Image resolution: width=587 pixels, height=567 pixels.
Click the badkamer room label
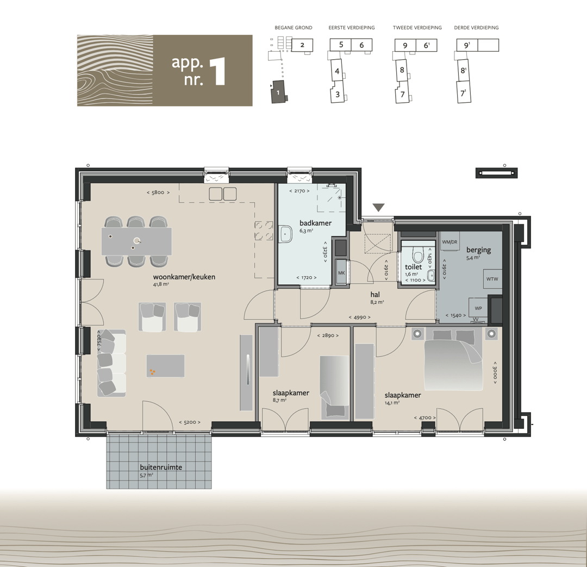(315, 223)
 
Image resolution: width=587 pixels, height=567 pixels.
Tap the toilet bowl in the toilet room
(417, 255)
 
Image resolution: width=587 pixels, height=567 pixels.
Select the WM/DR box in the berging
(449, 242)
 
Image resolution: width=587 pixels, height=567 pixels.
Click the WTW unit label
(492, 279)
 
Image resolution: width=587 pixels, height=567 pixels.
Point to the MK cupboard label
(341, 273)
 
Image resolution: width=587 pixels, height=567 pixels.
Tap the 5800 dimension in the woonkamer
(158, 192)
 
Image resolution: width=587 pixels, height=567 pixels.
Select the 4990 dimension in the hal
(360, 317)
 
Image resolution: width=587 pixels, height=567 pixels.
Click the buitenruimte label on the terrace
(161, 467)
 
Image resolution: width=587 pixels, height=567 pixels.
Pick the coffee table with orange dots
(165, 366)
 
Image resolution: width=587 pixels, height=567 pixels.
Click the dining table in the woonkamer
(136, 241)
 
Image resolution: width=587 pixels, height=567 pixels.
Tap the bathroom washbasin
(286, 234)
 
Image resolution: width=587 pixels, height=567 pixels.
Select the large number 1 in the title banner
(218, 71)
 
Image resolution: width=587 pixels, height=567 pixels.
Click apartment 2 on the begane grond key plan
(302, 45)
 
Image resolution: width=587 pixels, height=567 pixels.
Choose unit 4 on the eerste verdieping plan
(337, 71)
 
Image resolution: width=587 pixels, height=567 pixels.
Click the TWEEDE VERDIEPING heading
(417, 28)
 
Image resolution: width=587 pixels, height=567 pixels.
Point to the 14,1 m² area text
(392, 403)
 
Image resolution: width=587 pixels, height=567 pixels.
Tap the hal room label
(375, 295)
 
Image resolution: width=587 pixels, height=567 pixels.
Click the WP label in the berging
(478, 309)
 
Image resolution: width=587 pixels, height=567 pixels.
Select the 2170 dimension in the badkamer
(299, 191)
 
